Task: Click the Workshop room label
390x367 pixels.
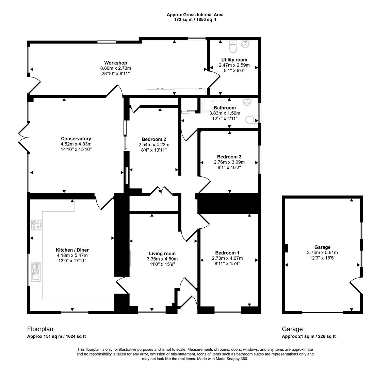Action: click(115, 63)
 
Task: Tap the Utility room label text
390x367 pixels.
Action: click(234, 60)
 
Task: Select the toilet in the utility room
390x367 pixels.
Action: click(233, 48)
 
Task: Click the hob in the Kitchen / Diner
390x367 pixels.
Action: click(36, 225)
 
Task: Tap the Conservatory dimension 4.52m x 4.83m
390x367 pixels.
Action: click(76, 144)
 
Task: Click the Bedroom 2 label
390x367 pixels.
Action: click(154, 139)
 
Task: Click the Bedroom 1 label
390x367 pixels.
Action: click(227, 253)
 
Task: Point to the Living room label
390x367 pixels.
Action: click(162, 254)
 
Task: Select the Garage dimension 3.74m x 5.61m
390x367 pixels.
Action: click(322, 252)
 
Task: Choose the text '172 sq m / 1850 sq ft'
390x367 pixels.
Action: click(195, 19)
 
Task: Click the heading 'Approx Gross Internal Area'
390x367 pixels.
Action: click(195, 15)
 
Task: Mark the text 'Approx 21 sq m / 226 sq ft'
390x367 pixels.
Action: click(309, 336)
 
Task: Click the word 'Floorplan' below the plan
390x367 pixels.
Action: click(40, 329)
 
